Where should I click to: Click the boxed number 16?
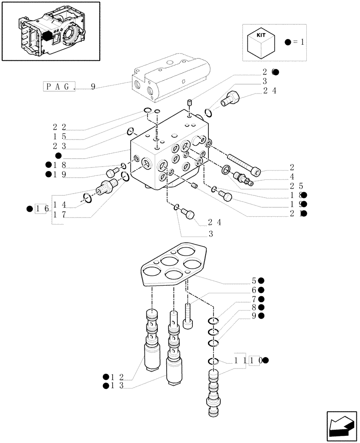click(x=42, y=209)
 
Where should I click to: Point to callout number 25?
click(x=297, y=186)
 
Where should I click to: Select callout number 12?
click(x=117, y=377)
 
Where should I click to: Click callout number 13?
click(x=117, y=386)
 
